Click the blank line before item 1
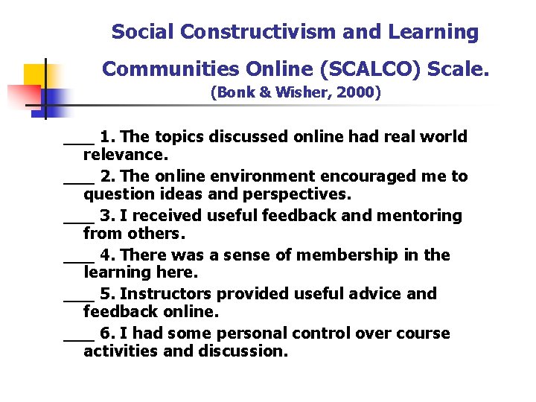pyautogui.click(x=78, y=141)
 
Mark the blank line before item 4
pyautogui.click(x=78, y=260)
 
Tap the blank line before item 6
pyautogui.click(x=78, y=339)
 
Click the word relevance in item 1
pyautogui.click(x=126, y=156)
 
